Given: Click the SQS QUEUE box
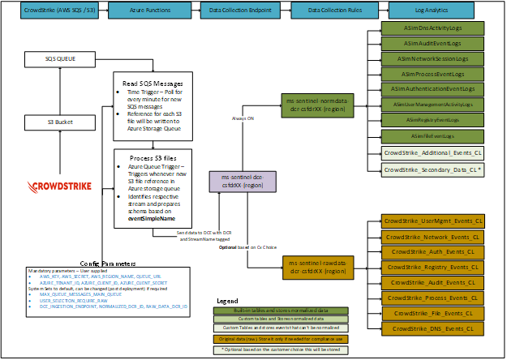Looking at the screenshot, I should [x=62, y=59].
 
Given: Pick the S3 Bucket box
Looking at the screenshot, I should [x=62, y=122].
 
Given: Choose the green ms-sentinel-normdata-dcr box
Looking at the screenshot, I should [x=315, y=105].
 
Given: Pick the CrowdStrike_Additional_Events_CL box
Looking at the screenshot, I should [x=434, y=152].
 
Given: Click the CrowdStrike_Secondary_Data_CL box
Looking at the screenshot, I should [x=434, y=169].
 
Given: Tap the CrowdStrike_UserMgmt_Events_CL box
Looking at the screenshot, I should [x=434, y=221].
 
